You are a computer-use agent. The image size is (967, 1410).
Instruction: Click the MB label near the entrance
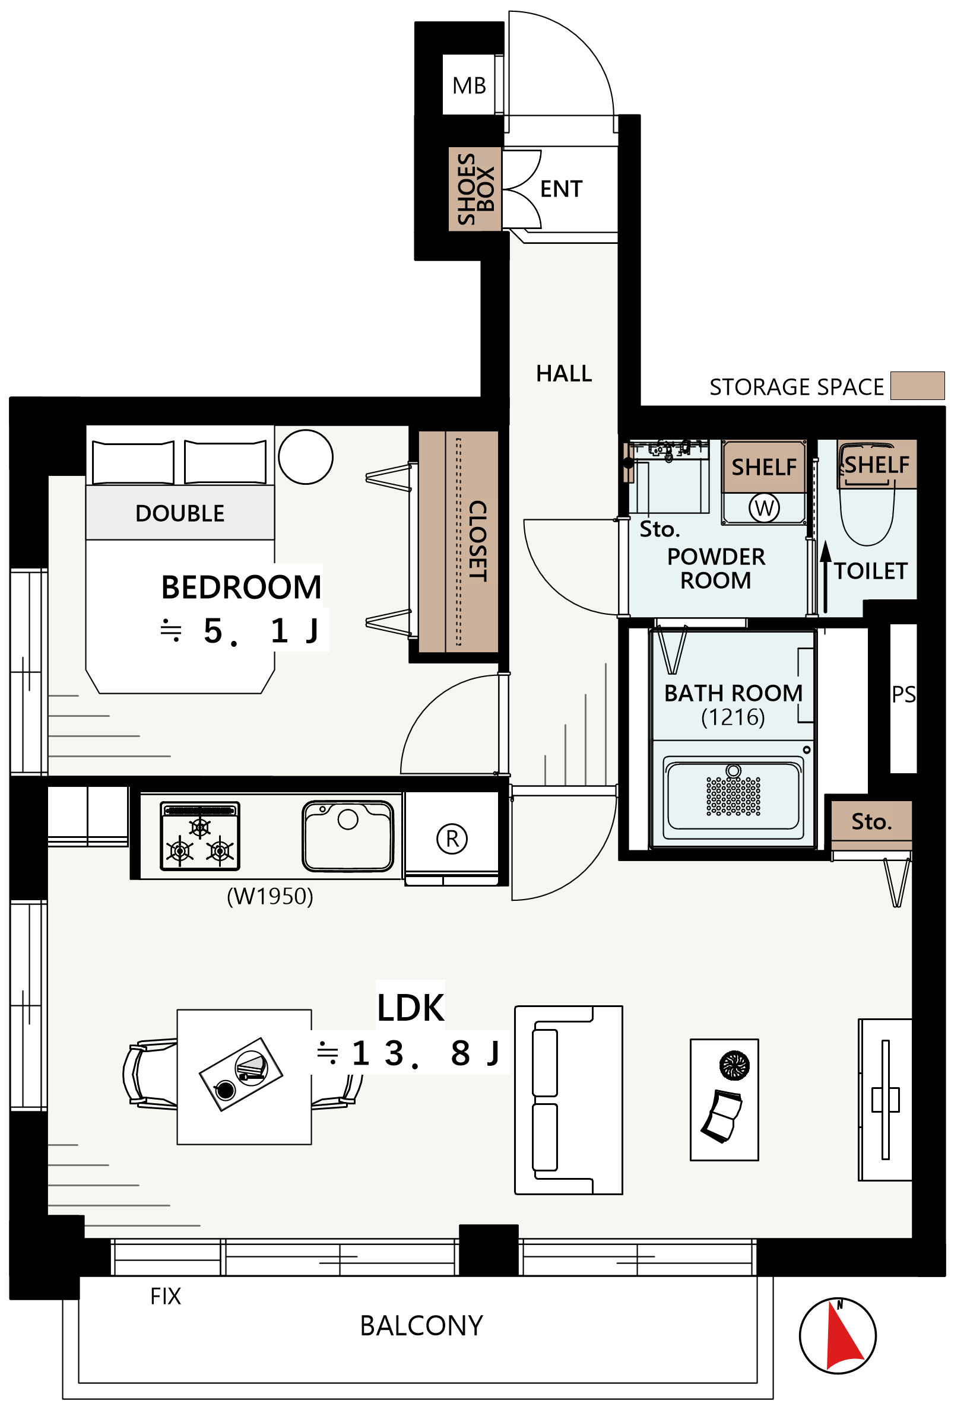[469, 85]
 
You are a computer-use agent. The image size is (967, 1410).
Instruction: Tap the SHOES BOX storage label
[475, 189]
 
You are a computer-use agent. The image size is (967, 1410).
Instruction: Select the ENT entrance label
[561, 189]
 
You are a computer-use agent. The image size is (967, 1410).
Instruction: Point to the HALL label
[564, 374]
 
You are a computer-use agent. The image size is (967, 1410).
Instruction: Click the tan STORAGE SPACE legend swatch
[917, 386]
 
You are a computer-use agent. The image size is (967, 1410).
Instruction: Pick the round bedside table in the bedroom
[305, 458]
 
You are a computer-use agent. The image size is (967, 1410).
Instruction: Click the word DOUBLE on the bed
[180, 513]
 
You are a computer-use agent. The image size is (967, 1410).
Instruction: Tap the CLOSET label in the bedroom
[478, 541]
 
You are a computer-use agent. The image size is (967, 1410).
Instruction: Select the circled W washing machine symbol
[763, 509]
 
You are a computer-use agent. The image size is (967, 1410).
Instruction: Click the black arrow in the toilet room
[826, 576]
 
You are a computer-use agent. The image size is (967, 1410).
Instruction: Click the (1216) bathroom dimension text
[733, 717]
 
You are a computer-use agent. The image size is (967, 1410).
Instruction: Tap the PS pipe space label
[903, 694]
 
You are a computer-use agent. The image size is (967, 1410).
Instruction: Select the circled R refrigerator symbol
[452, 839]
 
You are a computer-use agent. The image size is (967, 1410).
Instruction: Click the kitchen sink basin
[348, 836]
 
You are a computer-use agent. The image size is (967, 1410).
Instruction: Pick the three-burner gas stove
[199, 836]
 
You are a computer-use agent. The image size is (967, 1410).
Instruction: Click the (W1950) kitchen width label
[270, 896]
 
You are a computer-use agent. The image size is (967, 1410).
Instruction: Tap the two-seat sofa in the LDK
[568, 1100]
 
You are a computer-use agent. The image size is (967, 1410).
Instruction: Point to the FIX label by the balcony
[165, 1297]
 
